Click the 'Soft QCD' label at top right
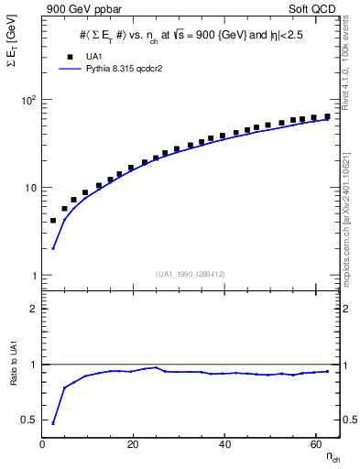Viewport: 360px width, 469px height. pyautogui.click(x=313, y=8)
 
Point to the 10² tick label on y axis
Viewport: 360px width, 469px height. pyautogui.click(x=27, y=100)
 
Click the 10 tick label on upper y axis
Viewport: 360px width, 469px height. pyautogui.click(x=30, y=188)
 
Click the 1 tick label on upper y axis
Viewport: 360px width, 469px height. pyautogui.click(x=33, y=276)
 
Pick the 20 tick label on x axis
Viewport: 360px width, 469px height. pyautogui.click(x=134, y=443)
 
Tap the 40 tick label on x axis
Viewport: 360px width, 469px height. pyautogui.click(x=224, y=443)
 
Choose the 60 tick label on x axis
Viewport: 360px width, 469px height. pyautogui.click(x=315, y=443)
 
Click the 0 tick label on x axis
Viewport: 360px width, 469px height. pyautogui.click(x=43, y=443)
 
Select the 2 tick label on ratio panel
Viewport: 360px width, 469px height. pyautogui.click(x=34, y=309)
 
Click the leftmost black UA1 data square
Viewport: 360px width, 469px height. pyautogui.click(x=53, y=221)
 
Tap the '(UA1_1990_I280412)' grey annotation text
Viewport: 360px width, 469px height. pyautogui.click(x=191, y=273)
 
